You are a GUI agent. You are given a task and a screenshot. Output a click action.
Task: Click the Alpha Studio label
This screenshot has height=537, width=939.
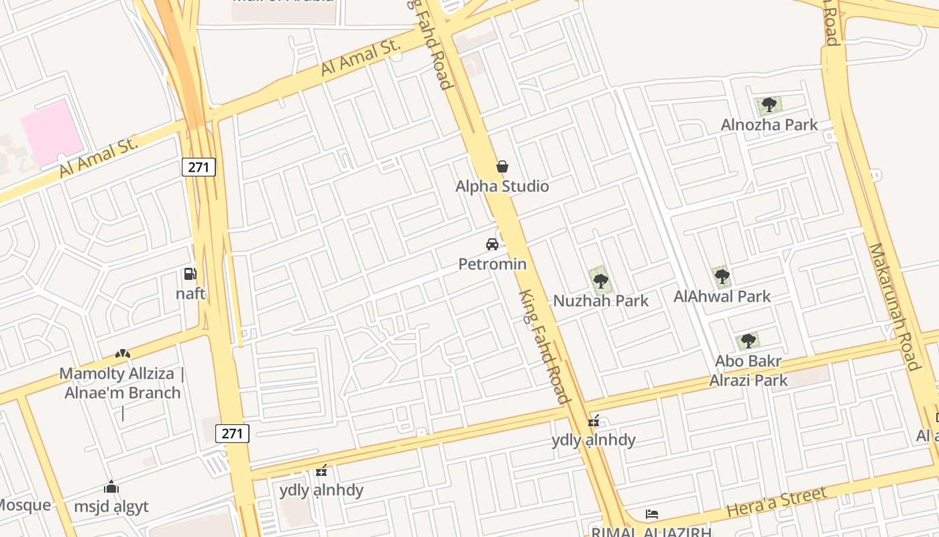(502, 187)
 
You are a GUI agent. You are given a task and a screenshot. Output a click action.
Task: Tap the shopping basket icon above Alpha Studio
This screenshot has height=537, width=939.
(502, 166)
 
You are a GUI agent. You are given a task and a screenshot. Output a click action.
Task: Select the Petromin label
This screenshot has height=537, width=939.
(492, 264)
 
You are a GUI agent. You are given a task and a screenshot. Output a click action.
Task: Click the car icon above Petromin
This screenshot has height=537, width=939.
(492, 244)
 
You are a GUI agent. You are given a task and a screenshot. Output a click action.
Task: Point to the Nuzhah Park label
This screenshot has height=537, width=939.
(600, 301)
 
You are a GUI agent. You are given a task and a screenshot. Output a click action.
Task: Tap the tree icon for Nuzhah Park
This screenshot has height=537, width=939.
(600, 281)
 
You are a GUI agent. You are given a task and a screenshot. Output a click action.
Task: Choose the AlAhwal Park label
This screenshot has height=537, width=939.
(722, 296)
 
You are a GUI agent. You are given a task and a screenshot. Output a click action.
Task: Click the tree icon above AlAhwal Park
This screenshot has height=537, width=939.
(722, 276)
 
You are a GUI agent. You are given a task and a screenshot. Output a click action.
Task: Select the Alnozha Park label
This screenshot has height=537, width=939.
(769, 125)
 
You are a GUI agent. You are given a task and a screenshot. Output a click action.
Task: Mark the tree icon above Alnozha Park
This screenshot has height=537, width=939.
(769, 105)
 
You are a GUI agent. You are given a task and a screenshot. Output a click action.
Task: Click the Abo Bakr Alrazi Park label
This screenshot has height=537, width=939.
(749, 371)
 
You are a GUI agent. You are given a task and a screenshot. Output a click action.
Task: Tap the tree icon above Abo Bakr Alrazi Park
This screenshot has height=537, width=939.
(748, 341)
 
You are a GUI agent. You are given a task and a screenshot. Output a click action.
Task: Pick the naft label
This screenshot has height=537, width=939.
(190, 294)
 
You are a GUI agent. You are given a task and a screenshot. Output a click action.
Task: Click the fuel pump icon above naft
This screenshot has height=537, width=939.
(190, 274)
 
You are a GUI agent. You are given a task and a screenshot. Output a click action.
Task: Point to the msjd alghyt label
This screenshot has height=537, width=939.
(111, 507)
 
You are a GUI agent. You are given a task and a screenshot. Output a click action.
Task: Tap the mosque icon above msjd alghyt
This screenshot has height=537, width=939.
(111, 487)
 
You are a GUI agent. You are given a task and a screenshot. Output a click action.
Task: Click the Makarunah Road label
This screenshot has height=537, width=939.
(894, 306)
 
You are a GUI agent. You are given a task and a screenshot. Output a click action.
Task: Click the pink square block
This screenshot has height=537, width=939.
(52, 133)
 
